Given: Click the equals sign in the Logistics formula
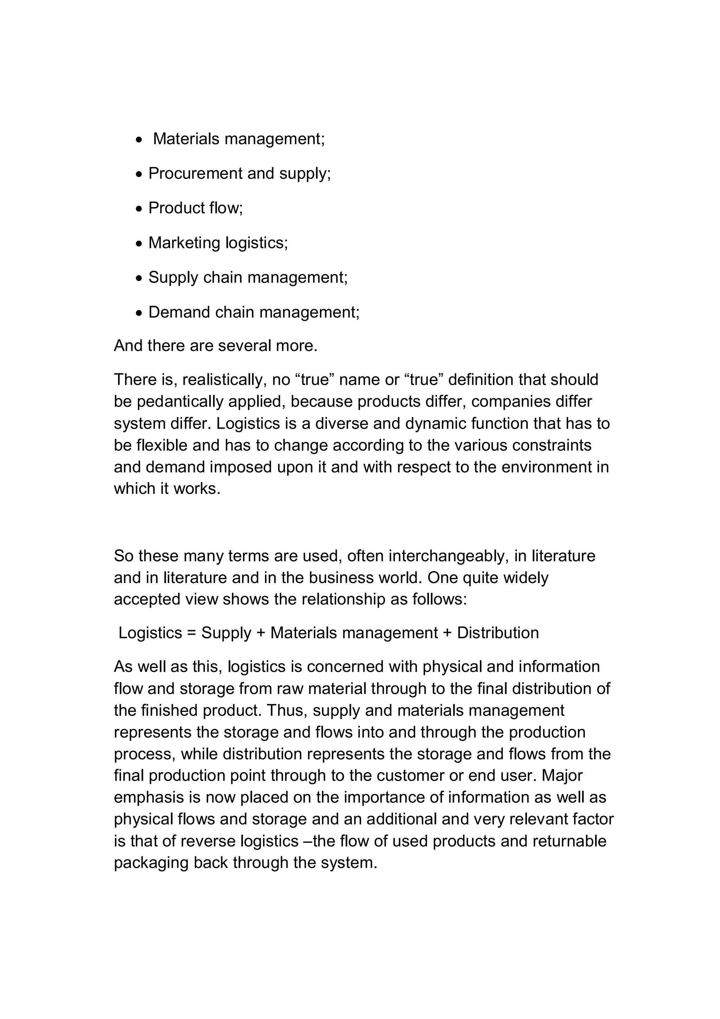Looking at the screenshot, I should pyautogui.click(x=192, y=633).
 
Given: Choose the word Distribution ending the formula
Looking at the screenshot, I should pyautogui.click(x=498, y=633).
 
